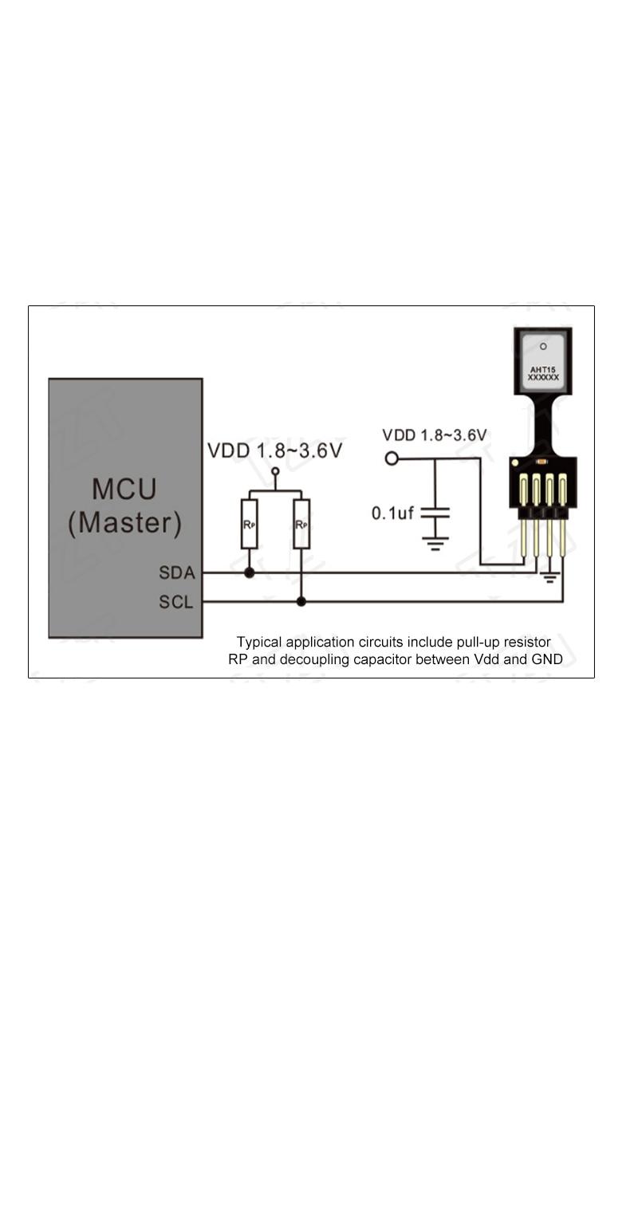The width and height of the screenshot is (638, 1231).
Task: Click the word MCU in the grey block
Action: pyautogui.click(x=124, y=489)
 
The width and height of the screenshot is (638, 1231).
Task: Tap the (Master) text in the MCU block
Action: pyautogui.click(x=124, y=523)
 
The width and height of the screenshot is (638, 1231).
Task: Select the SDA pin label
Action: pyautogui.click(x=177, y=572)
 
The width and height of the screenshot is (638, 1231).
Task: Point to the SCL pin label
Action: pyautogui.click(x=175, y=602)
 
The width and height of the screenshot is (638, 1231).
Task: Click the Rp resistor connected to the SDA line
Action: pyautogui.click(x=249, y=524)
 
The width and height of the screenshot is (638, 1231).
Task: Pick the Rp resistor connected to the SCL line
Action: pyautogui.click(x=301, y=524)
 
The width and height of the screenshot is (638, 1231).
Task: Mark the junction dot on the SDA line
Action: pyautogui.click(x=249, y=572)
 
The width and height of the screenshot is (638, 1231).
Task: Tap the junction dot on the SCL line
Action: pyautogui.click(x=301, y=602)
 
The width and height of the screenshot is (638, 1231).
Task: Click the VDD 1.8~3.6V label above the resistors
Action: pyautogui.click(x=275, y=450)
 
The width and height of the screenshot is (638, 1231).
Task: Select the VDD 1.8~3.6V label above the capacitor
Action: pyautogui.click(x=434, y=435)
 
